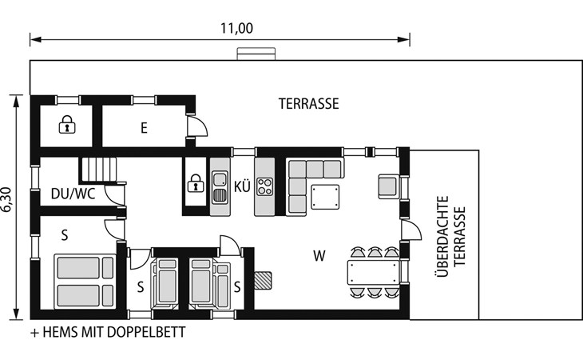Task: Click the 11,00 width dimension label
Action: coord(237,28)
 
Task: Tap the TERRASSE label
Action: coord(308,104)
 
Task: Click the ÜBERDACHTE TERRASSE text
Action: coord(450,237)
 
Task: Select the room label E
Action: coord(144,128)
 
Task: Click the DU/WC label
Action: coord(73,194)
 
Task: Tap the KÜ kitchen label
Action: coord(242,186)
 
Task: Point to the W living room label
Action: coord(319,256)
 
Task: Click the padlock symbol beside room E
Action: coord(67,124)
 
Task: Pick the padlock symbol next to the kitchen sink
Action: coord(196,182)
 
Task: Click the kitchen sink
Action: coord(220,187)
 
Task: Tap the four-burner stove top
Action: coord(264,186)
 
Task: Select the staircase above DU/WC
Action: coord(97,170)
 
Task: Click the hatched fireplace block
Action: coord(263,281)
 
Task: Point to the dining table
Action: coord(373,273)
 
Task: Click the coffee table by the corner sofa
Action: coord(325,197)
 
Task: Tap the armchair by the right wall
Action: coord(389,186)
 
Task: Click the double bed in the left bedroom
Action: coord(85,282)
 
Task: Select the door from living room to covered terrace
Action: coord(410,230)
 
